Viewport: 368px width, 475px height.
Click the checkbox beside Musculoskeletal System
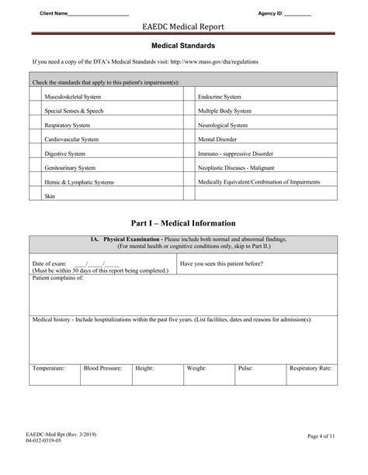coord(35,97)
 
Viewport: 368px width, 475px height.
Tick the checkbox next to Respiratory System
coord(35,125)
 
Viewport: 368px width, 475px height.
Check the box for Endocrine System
coord(189,97)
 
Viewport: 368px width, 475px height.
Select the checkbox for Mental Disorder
coord(189,139)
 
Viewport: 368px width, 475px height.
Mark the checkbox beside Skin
coord(35,196)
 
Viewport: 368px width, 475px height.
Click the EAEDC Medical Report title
coord(183,27)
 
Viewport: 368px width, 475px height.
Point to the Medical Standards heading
coord(183,46)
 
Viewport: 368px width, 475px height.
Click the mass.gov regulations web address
coord(214,61)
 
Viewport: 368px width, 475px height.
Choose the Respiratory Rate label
coord(311,369)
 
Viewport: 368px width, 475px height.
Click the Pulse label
coord(245,369)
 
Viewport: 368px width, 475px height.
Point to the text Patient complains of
coord(58,277)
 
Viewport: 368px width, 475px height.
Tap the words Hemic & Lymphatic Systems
coord(79,181)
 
